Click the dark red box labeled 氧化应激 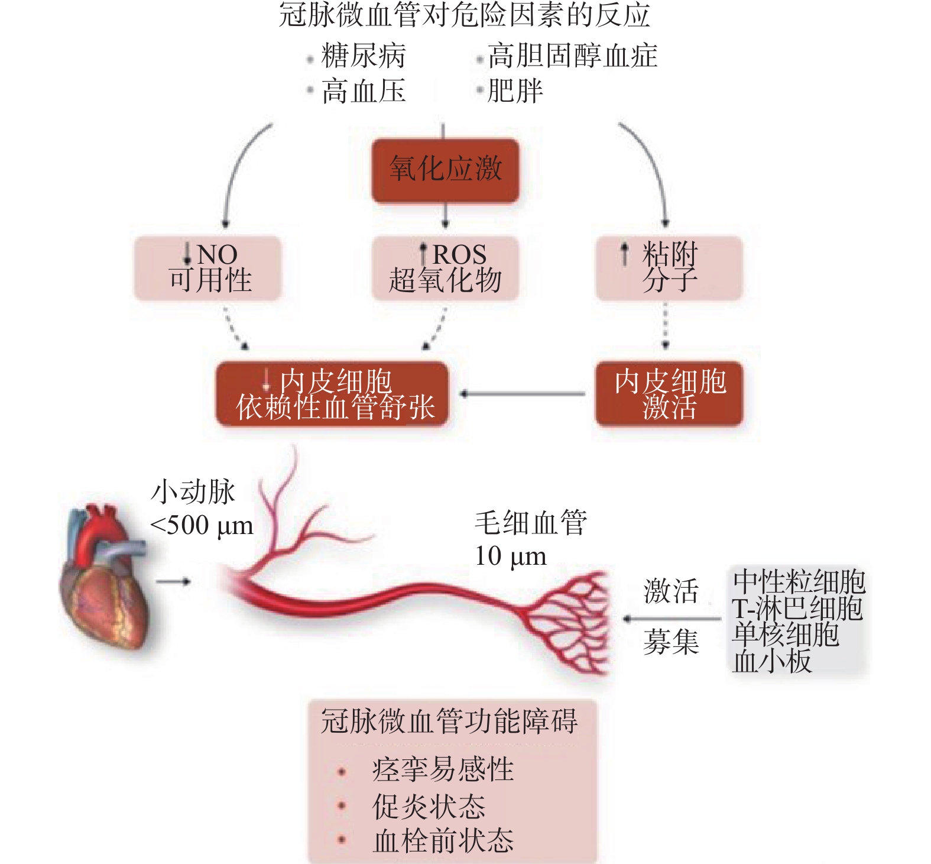pyautogui.click(x=445, y=170)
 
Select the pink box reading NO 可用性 pyautogui.click(x=207, y=268)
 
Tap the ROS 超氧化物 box pyautogui.click(x=445, y=268)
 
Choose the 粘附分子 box pyautogui.click(x=669, y=268)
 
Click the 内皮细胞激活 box pyautogui.click(x=669, y=394)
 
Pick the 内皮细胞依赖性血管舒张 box pyautogui.click(x=332, y=394)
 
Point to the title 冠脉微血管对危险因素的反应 pyautogui.click(x=465, y=15)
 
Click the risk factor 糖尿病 pyautogui.click(x=364, y=56)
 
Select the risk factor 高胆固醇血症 pyautogui.click(x=572, y=56)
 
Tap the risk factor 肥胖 pyautogui.click(x=515, y=91)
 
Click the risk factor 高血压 pyautogui.click(x=364, y=92)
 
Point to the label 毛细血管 pyautogui.click(x=530, y=523)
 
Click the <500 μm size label pyautogui.click(x=202, y=525)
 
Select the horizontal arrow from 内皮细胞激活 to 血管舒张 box pyautogui.click(x=523, y=394)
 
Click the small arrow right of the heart pyautogui.click(x=173, y=582)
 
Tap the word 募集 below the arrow pyautogui.click(x=671, y=642)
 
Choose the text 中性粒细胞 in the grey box pyautogui.click(x=799, y=582)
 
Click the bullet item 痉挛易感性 pyautogui.click(x=443, y=769)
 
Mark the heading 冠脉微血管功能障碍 pyautogui.click(x=449, y=721)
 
